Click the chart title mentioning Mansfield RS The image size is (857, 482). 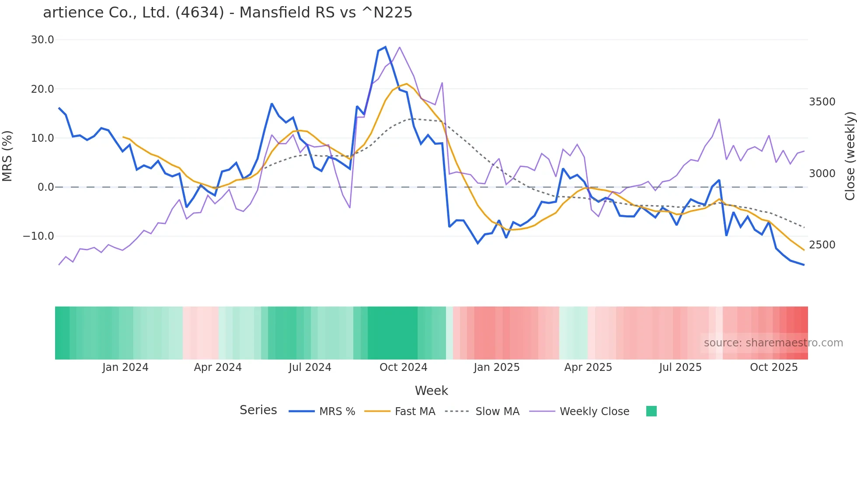tap(227, 13)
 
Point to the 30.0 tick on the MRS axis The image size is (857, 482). tap(42, 40)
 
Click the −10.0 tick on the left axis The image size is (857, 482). tap(38, 236)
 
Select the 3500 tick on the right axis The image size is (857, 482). tap(822, 102)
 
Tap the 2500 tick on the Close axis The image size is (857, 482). tap(822, 245)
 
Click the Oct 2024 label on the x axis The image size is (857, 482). tap(403, 367)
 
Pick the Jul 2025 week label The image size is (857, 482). tap(680, 367)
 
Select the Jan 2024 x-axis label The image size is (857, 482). tap(125, 367)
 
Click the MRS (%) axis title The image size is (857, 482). tap(7, 156)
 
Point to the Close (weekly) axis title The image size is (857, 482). tap(850, 156)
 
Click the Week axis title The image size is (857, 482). tap(431, 391)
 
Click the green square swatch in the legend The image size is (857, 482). tap(651, 411)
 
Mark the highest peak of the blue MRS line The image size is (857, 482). tap(385, 47)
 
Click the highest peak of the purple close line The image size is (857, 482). tap(399, 47)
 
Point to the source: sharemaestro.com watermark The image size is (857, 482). tap(773, 343)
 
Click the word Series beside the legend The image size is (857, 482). tap(258, 410)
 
